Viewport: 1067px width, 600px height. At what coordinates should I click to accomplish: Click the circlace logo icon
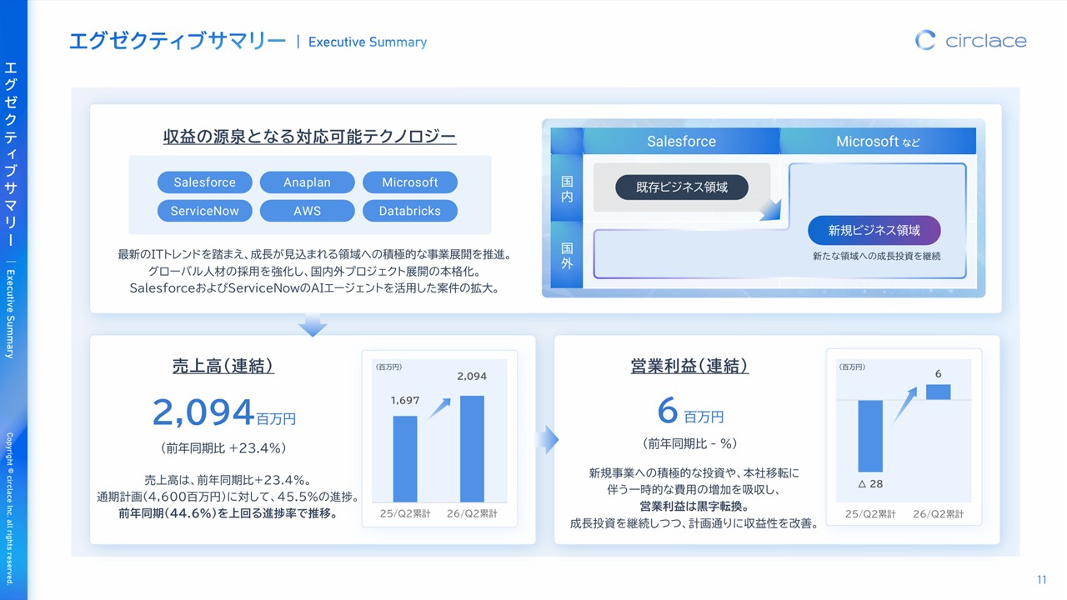click(924, 41)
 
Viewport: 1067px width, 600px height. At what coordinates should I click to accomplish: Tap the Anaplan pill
click(308, 182)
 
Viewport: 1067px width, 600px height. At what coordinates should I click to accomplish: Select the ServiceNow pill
click(205, 211)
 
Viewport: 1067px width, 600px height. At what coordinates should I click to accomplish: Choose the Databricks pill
click(409, 211)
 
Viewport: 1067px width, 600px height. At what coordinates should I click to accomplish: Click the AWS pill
click(308, 211)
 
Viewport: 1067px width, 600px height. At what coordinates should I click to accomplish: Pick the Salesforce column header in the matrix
click(681, 141)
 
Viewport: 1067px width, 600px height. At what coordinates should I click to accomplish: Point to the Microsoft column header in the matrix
click(878, 141)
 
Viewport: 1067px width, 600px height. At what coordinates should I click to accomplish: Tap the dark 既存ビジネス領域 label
click(682, 187)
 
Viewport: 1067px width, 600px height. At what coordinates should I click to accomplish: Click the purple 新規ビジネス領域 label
click(874, 231)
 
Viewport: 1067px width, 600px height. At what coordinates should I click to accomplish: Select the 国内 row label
click(567, 188)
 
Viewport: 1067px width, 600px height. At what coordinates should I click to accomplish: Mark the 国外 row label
click(567, 255)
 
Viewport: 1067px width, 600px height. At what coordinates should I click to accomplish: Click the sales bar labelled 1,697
click(405, 459)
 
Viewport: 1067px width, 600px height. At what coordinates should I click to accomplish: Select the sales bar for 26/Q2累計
click(472, 448)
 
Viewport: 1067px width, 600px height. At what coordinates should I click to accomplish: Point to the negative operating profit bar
click(870, 436)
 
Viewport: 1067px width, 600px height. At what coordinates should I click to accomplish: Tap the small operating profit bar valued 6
click(939, 392)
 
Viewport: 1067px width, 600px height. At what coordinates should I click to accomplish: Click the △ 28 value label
click(871, 484)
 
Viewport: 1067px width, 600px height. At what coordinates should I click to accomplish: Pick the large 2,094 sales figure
click(203, 412)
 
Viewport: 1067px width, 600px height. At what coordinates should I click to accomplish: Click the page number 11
click(1042, 579)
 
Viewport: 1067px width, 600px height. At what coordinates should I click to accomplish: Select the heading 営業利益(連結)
click(689, 366)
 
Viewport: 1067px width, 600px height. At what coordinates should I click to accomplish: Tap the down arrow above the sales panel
click(313, 325)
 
